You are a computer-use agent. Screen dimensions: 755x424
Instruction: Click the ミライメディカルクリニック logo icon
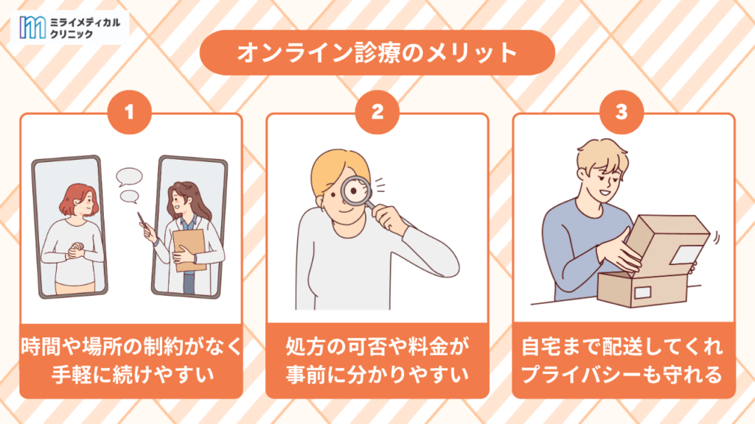(32, 27)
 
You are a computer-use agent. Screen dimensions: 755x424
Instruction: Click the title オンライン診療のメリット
(377, 52)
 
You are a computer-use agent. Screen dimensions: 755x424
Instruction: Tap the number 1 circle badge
(129, 112)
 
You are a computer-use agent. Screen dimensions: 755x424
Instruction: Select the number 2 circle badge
(377, 112)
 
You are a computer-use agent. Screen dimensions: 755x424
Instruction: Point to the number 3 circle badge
(622, 112)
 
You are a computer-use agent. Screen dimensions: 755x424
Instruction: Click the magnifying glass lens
(356, 191)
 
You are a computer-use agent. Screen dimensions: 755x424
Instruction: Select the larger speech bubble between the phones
(129, 177)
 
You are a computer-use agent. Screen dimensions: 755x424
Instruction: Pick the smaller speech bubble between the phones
(129, 196)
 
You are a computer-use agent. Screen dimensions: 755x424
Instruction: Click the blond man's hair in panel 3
(603, 155)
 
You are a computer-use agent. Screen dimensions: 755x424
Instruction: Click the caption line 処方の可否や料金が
(377, 346)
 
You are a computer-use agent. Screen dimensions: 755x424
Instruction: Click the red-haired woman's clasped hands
(75, 250)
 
